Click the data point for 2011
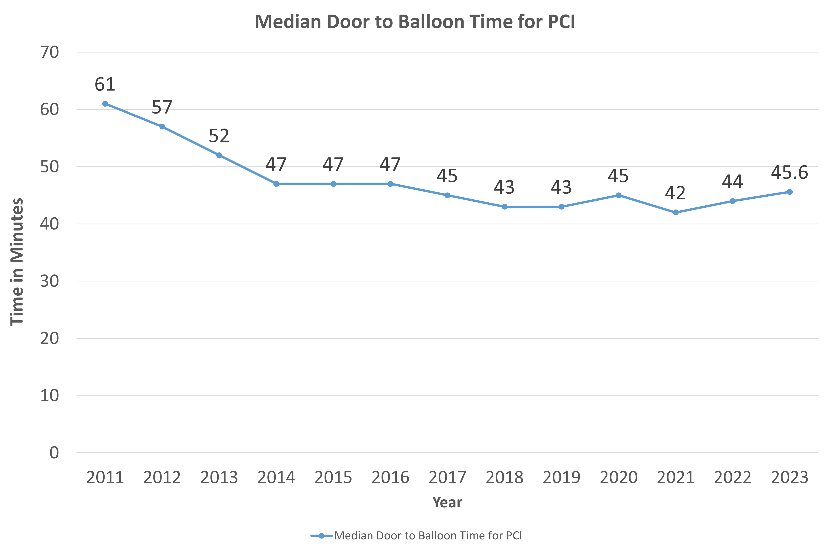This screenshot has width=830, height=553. click(x=105, y=104)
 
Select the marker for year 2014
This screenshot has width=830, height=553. click(x=276, y=184)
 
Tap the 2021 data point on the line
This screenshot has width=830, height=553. click(x=675, y=212)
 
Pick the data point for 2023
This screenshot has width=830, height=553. click(x=790, y=192)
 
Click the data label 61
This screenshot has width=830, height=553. click(x=105, y=85)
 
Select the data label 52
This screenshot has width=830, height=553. click(x=219, y=136)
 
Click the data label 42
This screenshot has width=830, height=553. click(x=675, y=193)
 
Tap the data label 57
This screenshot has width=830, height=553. click(x=162, y=107)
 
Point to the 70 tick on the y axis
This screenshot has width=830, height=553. click(x=49, y=52)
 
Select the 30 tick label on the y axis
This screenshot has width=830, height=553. click(x=49, y=281)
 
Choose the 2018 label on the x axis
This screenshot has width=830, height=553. click(x=504, y=477)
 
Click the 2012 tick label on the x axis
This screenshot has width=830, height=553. click(x=162, y=477)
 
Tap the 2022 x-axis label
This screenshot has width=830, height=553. click(x=733, y=477)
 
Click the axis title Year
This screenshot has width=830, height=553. click(x=447, y=502)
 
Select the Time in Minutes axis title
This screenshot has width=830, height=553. click(x=17, y=262)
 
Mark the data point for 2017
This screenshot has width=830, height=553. click(x=447, y=195)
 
